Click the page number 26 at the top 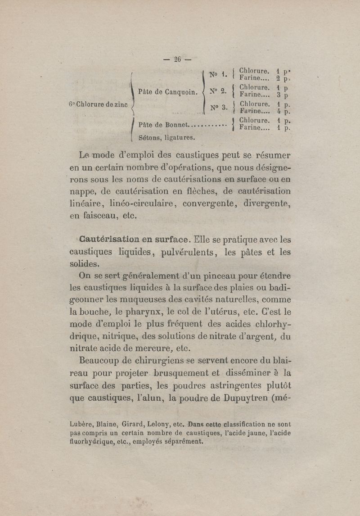pyautogui.click(x=177, y=59)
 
